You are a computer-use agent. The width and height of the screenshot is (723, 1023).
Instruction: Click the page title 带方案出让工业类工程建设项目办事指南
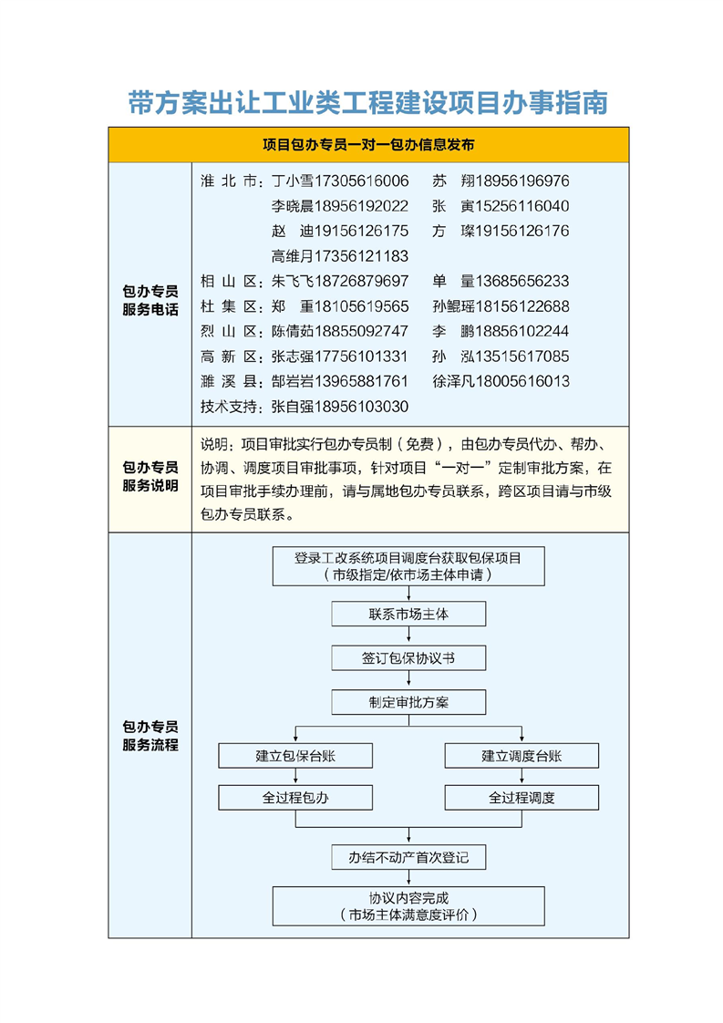pyautogui.click(x=367, y=102)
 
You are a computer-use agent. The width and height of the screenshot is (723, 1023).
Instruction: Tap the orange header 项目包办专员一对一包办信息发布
pyautogui.click(x=367, y=145)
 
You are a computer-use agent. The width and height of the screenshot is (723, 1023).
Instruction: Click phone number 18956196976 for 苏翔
pyautogui.click(x=522, y=181)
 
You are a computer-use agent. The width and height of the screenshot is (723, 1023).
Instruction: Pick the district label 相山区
pyautogui.click(x=230, y=281)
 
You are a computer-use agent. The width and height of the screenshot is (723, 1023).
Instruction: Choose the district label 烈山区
pyautogui.click(x=230, y=331)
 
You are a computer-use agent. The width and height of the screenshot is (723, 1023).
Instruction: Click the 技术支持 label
pyautogui.click(x=232, y=406)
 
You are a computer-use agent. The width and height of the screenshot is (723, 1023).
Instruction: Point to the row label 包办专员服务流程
pyautogui.click(x=150, y=736)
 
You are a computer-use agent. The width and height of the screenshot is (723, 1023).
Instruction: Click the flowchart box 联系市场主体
pyautogui.click(x=408, y=615)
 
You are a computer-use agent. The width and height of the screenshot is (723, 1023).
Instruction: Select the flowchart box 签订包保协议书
pyautogui.click(x=408, y=658)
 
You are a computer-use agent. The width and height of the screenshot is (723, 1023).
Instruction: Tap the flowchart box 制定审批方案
pyautogui.click(x=408, y=703)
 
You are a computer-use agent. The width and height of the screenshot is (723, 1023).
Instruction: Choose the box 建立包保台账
pyautogui.click(x=295, y=756)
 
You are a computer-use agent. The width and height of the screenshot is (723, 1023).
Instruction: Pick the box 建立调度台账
pyautogui.click(x=522, y=756)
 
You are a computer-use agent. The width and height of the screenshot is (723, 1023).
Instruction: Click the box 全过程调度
pyautogui.click(x=522, y=799)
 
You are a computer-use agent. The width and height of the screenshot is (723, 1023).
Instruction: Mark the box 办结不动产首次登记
pyautogui.click(x=408, y=858)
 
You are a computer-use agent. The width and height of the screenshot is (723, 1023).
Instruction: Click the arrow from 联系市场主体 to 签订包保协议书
pyautogui.click(x=408, y=636)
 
